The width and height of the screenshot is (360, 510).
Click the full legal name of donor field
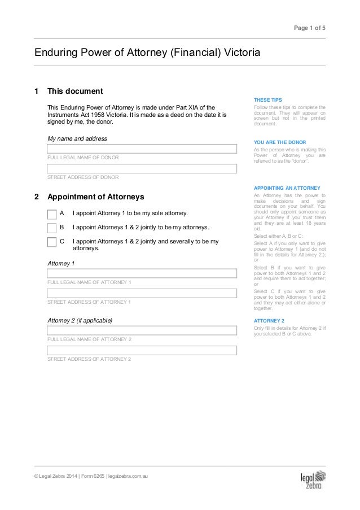pos(141,149)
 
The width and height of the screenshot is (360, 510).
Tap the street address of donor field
pos(141,168)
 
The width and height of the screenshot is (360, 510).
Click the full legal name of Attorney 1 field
pos(141,273)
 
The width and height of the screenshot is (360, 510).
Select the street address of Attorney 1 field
pos(141,293)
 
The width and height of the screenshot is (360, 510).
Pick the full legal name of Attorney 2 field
pos(141,331)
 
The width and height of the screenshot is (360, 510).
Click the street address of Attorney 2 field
pos(141,350)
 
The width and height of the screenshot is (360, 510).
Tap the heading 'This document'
pos(74,91)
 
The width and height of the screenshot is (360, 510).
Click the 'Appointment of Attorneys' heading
pos(96,197)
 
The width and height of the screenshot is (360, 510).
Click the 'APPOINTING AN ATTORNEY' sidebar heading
pos(287,187)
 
